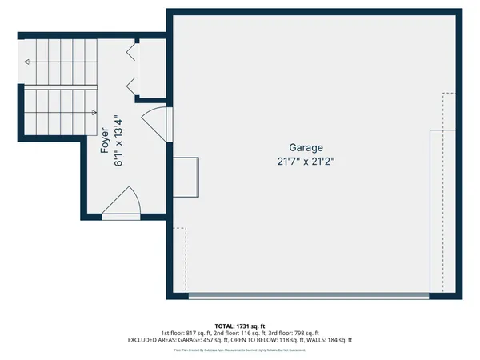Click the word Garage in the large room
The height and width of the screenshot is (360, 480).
[306, 148]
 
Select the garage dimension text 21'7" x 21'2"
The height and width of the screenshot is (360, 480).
[306, 161]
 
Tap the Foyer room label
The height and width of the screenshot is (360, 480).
[105, 140]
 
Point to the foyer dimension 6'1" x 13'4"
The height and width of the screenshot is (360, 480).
[120, 140]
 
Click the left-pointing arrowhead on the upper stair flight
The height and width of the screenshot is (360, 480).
[28, 62]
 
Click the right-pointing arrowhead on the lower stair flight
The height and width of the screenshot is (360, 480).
[94, 113]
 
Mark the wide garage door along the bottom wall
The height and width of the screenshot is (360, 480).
[308, 296]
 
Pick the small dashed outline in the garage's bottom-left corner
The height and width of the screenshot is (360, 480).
[179, 260]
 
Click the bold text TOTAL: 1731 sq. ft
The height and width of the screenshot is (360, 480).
[240, 326]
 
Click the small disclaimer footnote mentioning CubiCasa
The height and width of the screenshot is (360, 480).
[240, 350]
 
